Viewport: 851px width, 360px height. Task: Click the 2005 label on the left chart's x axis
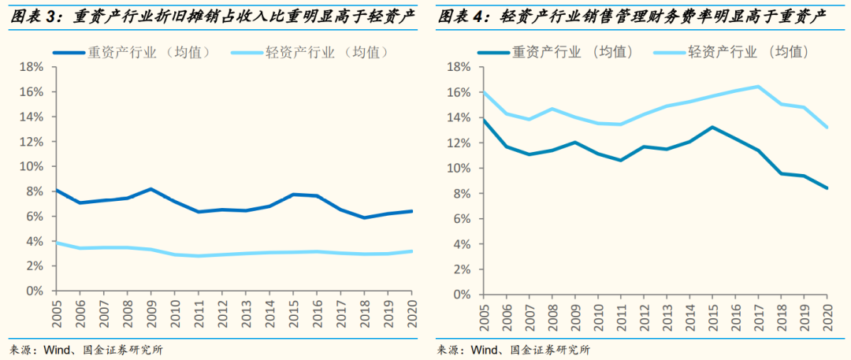point(55,310)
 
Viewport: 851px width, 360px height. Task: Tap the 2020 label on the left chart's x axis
point(411,310)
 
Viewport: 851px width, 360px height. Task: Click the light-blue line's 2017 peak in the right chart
point(758,87)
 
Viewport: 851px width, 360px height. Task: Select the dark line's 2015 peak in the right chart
point(712,127)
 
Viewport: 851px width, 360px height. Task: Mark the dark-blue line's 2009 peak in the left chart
point(151,189)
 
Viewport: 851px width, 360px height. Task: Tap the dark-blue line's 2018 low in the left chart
point(364,217)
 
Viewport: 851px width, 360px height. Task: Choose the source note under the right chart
point(513,349)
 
